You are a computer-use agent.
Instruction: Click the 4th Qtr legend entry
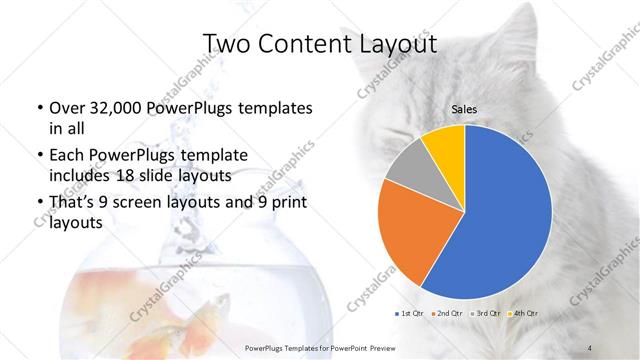point(525,313)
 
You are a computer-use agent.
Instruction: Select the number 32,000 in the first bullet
point(114,108)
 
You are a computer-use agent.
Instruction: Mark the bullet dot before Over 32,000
point(38,108)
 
